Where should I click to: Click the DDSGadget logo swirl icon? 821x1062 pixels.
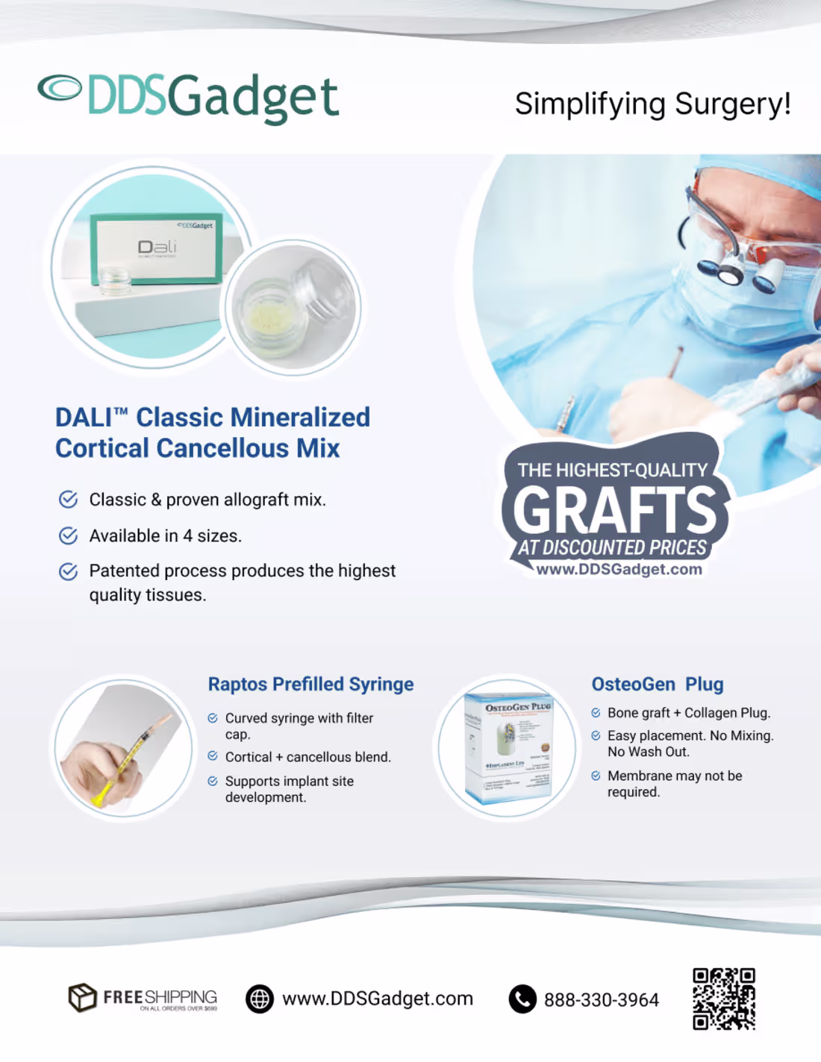coord(60,88)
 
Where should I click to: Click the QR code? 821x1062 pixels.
coord(723,999)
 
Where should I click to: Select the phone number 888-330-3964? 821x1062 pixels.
coord(601,1000)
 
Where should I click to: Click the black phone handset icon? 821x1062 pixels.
coord(522,999)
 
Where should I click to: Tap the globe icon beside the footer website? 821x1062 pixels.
coord(260,999)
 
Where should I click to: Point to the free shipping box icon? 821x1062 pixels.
coord(82,997)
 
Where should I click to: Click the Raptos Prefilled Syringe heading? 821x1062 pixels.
coord(310,684)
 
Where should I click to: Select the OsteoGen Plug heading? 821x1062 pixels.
coord(657,684)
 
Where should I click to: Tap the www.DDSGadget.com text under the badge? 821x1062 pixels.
coord(619,569)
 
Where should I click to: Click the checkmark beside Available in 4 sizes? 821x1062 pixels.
coord(68,535)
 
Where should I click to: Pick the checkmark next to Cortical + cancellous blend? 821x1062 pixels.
coord(213,756)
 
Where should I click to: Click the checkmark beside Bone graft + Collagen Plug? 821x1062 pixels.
coord(596,713)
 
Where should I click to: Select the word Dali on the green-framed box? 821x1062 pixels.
coord(157,247)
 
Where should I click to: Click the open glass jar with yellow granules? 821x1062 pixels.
coord(293,307)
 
